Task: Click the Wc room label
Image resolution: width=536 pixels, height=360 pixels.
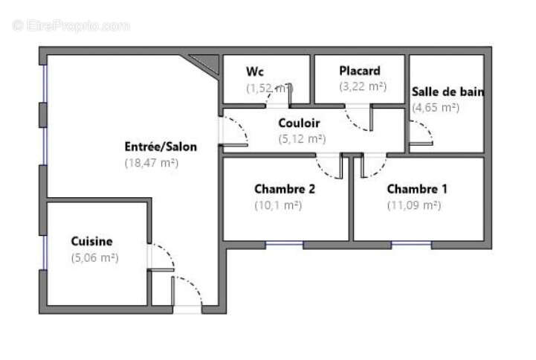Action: [254, 71]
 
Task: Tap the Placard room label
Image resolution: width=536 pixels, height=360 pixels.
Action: [360, 71]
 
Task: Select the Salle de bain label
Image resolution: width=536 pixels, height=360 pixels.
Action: [448, 92]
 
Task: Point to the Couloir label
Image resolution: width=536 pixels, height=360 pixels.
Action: [300, 123]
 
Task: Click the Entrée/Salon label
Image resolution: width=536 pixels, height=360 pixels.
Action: [161, 147]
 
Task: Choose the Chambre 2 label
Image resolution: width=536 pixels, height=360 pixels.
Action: [285, 189]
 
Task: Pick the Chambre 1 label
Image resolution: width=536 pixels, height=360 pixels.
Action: [417, 189]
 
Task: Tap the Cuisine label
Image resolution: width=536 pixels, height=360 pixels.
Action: [91, 241]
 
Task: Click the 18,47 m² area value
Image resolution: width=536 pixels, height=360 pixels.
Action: [152, 162]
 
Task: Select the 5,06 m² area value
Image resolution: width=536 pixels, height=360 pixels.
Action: [94, 258]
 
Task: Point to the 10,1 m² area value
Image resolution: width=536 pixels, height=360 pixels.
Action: [277, 205]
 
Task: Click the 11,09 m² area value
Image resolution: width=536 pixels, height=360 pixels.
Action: [413, 205]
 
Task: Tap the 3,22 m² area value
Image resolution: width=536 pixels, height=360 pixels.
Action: [363, 86]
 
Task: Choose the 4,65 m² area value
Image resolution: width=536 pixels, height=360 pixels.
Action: [436, 107]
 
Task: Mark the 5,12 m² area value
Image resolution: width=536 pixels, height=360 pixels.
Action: [302, 138]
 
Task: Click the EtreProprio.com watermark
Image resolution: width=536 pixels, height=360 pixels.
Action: [71, 25]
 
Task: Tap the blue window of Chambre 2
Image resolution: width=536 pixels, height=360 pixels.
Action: [285, 244]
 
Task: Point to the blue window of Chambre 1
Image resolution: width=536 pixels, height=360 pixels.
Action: [411, 244]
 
